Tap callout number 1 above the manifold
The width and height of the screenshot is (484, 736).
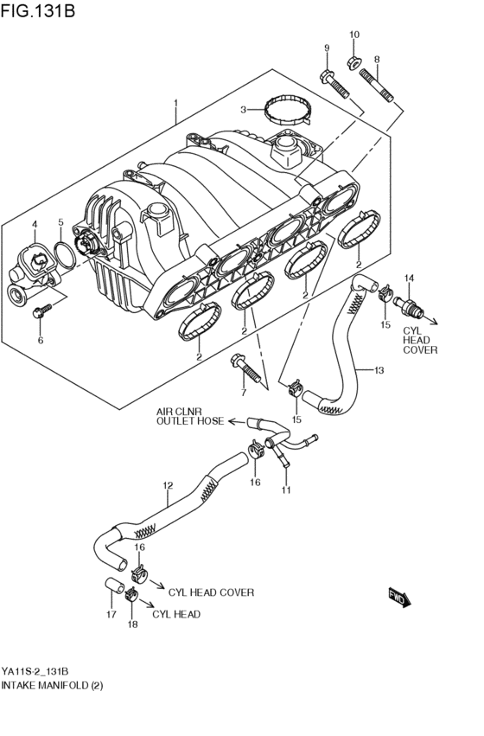click(x=175, y=104)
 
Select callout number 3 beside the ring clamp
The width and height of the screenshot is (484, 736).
click(x=244, y=110)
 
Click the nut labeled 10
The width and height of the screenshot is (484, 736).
click(x=354, y=61)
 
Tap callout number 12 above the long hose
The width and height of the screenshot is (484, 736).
click(x=168, y=485)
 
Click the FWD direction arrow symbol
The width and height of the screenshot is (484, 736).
click(x=399, y=596)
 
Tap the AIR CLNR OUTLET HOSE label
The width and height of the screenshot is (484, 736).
click(x=189, y=416)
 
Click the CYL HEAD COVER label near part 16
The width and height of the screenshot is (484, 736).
click(x=211, y=592)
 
